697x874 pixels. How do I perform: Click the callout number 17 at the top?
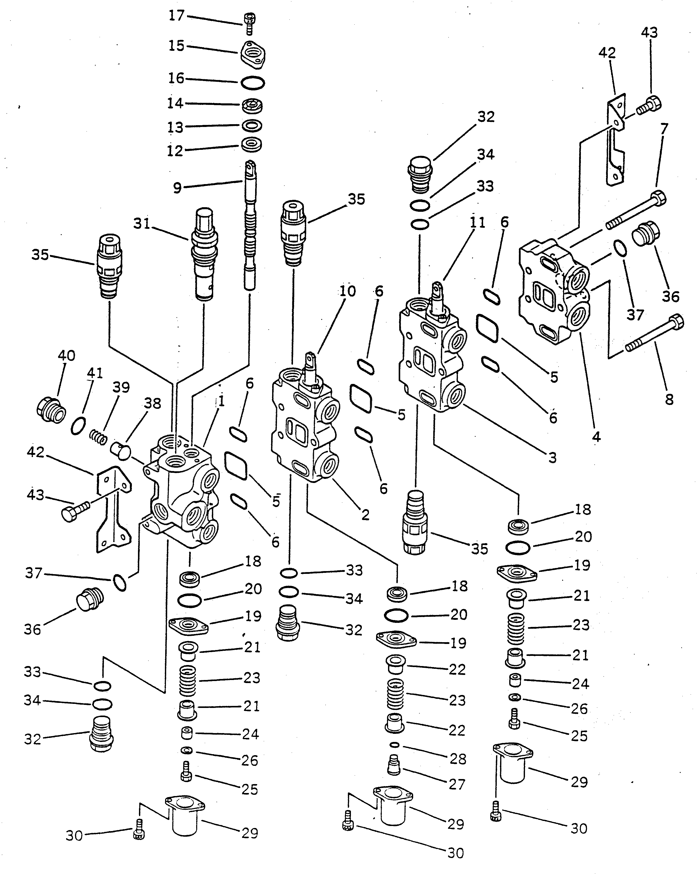tap(177, 16)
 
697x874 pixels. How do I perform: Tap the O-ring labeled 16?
tap(252, 83)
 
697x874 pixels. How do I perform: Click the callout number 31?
tap(142, 223)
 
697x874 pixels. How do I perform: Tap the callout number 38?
tap(152, 403)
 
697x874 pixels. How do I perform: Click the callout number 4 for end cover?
tap(596, 436)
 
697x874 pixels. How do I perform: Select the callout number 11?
tap(477, 222)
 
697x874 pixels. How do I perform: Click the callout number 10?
tap(348, 291)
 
